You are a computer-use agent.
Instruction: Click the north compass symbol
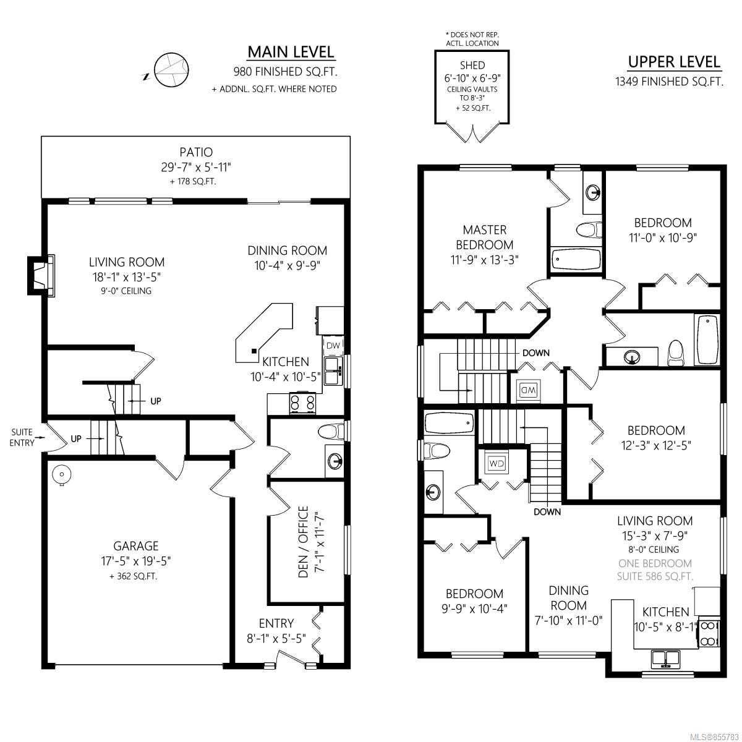[x=171, y=70]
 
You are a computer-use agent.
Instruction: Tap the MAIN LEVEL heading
[x=291, y=51]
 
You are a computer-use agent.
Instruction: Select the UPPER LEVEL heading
[x=674, y=62]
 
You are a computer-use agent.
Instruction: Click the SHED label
[x=472, y=65]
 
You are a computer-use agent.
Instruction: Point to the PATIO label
[x=196, y=152]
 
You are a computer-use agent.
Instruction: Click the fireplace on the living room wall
[x=41, y=276]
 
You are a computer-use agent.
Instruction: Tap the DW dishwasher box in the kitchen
[x=333, y=346]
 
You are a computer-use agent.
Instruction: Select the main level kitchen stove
[x=302, y=404]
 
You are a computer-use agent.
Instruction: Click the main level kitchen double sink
[x=333, y=371]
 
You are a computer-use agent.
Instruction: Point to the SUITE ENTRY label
[x=22, y=437]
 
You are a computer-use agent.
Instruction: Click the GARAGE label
[x=136, y=546]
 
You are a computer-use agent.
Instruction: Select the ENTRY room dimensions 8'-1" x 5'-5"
[x=276, y=638]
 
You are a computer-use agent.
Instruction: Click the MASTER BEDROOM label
[x=484, y=237]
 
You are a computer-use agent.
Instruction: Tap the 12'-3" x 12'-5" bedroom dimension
[x=656, y=445]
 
